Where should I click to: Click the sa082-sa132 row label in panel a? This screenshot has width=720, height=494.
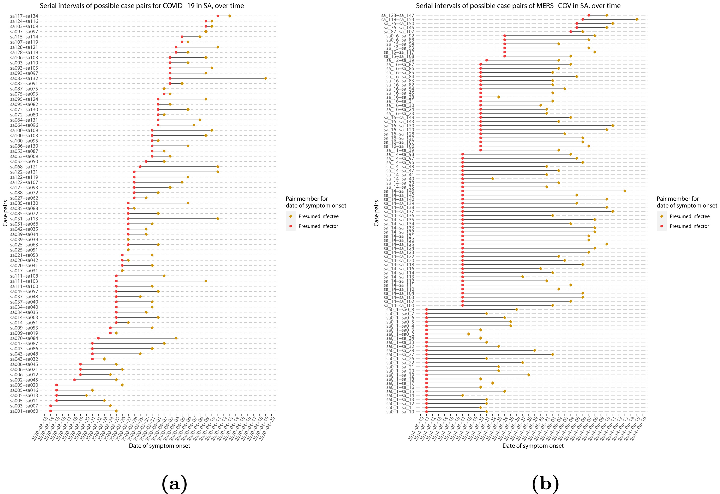[x=24, y=78]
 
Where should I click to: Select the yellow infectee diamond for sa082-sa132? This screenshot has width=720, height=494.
[x=266, y=78]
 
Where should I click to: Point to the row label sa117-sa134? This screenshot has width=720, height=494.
[x=24, y=16]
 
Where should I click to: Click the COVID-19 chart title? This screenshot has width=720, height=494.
[x=142, y=5]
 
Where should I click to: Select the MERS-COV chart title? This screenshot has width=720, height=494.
[x=518, y=5]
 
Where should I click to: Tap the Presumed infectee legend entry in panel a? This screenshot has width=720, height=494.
[x=318, y=216]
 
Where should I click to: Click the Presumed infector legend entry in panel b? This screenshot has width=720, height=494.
[x=689, y=226]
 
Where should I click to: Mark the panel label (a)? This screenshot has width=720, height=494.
[x=174, y=483]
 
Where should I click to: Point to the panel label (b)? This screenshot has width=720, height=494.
[x=545, y=483]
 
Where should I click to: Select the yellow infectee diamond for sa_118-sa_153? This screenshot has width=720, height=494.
[x=637, y=19]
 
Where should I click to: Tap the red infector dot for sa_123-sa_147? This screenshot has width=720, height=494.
[x=589, y=15]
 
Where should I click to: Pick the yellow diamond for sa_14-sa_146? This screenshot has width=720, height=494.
[x=625, y=191]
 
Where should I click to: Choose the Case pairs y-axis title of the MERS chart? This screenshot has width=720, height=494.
[x=376, y=213]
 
